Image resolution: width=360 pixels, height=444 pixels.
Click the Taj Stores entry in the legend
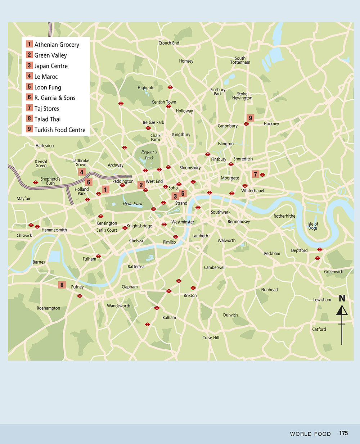46,108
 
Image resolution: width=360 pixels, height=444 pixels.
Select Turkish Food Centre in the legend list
60,130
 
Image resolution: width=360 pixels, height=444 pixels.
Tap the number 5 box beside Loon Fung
30,87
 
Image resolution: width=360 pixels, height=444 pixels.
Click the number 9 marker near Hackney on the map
251,118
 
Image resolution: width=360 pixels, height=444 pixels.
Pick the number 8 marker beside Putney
62,285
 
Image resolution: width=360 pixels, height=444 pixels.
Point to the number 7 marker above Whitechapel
256,175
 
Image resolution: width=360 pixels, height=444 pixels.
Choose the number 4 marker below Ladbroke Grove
82,172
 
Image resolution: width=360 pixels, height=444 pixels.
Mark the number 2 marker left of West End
141,185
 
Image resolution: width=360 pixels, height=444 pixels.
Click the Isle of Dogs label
313,226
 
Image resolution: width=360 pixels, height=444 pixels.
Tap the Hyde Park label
132,203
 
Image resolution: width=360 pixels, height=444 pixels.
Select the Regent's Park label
149,155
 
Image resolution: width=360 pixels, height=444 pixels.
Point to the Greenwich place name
333,272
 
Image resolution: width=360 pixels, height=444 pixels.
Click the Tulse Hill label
211,337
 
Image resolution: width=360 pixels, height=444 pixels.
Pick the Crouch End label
169,43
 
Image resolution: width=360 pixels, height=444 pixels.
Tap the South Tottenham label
240,60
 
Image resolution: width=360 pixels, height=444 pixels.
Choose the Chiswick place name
24,235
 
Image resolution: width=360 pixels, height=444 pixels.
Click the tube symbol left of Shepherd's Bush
36,182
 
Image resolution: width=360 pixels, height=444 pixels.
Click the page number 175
343,433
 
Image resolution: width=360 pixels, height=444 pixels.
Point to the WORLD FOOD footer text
310,434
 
